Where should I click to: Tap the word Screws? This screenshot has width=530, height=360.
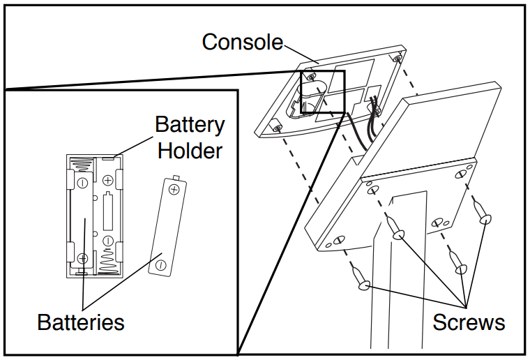469,322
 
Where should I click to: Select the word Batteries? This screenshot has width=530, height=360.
81,322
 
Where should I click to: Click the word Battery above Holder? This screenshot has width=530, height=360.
190,126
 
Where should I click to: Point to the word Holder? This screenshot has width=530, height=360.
189,150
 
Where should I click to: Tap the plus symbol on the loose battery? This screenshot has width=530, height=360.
174,188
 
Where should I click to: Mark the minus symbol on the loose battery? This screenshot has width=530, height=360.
160,265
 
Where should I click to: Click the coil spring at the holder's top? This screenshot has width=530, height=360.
82,165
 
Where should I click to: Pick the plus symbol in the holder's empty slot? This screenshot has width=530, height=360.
108,181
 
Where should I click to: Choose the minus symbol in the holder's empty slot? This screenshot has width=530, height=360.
108,241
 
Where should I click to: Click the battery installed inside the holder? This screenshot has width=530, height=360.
82,220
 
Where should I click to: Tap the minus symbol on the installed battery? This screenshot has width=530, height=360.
82,183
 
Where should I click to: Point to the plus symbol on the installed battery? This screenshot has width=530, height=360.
83,258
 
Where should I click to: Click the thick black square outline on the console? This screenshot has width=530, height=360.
323,91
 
